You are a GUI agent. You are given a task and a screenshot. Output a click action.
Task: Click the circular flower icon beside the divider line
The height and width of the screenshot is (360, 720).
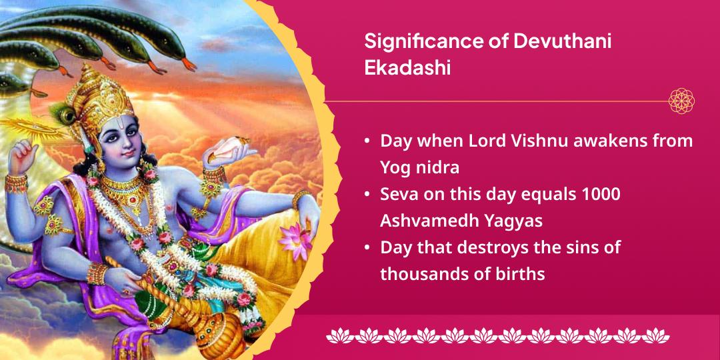point(681,101)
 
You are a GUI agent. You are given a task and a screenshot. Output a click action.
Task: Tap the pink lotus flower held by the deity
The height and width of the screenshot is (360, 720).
point(293,237)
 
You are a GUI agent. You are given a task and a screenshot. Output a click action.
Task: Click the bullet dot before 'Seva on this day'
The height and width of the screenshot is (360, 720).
point(368,195)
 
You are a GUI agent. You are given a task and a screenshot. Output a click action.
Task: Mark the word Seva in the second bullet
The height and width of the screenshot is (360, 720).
point(399,194)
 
